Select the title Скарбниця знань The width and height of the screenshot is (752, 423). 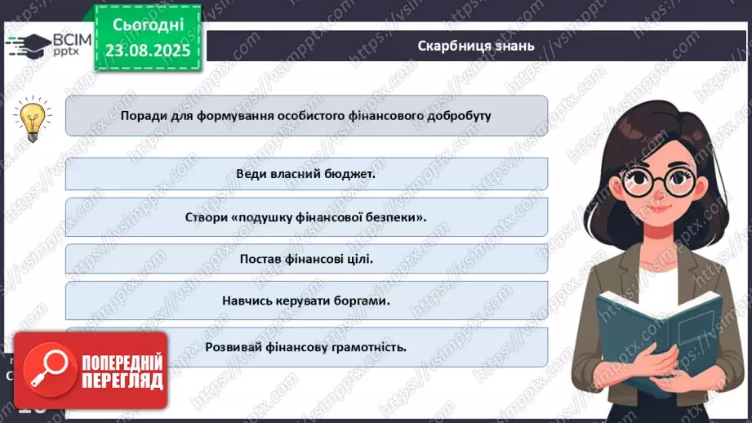[475, 45]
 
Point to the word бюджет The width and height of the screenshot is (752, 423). [347, 174]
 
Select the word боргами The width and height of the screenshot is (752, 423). [361, 301]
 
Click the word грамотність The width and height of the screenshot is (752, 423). [366, 345]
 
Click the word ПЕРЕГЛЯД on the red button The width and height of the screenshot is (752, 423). [122, 381]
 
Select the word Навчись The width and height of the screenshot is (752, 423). [249, 301]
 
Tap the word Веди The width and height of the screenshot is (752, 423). [251, 174]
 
